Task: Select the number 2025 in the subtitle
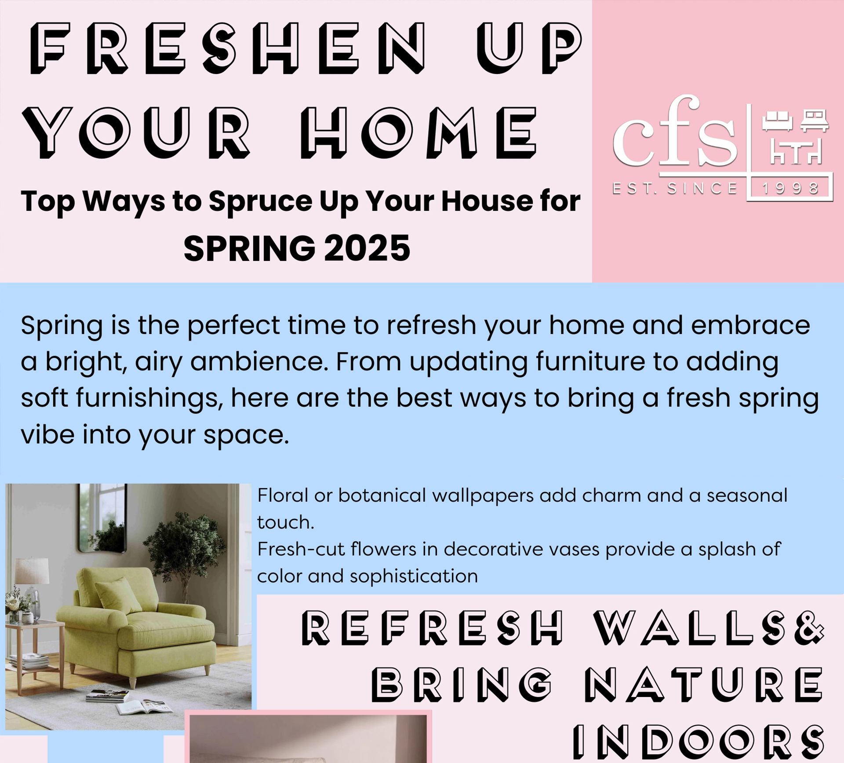(367, 249)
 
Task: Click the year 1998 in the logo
(790, 189)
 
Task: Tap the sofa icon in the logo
(777, 120)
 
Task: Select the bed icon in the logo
(814, 120)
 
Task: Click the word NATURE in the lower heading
(703, 685)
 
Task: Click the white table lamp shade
(32, 570)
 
